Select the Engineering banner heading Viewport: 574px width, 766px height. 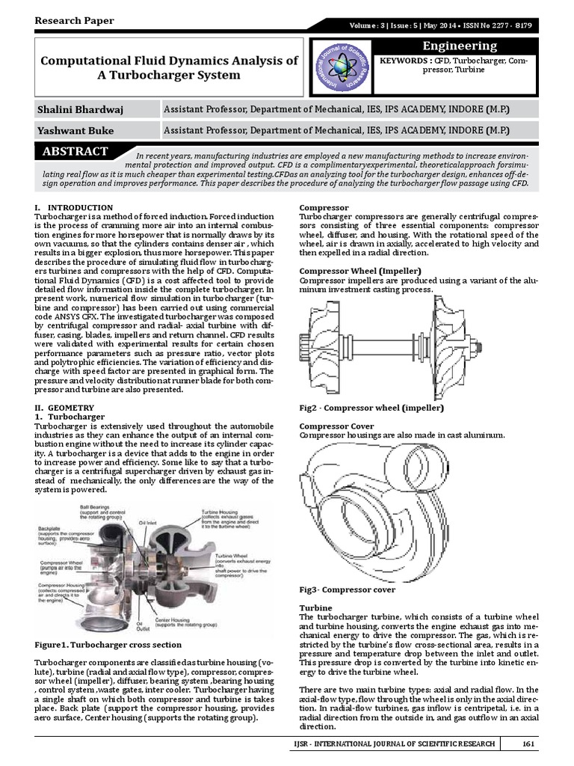coord(460,46)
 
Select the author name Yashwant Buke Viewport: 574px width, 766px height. coord(75,131)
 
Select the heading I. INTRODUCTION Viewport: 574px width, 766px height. coord(74,207)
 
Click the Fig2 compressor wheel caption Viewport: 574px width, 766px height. coord(371,408)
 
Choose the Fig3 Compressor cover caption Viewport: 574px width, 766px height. coord(347,589)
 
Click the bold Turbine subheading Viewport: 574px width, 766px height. coord(315,607)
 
